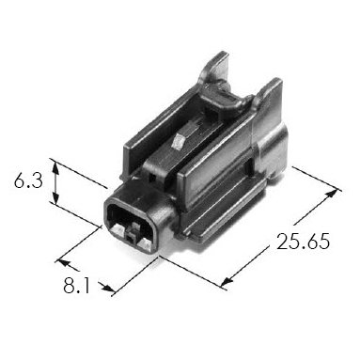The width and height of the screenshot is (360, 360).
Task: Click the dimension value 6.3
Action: [28, 181]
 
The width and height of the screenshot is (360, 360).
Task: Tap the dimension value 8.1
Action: [76, 286]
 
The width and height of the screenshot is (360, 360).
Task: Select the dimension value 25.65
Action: [303, 242]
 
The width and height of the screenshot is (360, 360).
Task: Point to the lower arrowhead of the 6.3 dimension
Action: [55, 196]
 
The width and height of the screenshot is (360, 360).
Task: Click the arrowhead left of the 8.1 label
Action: [65, 263]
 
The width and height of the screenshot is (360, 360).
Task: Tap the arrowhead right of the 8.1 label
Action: [108, 289]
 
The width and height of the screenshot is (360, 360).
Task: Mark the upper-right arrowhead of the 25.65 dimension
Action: [333, 193]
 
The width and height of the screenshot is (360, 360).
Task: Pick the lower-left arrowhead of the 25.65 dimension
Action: [227, 282]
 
